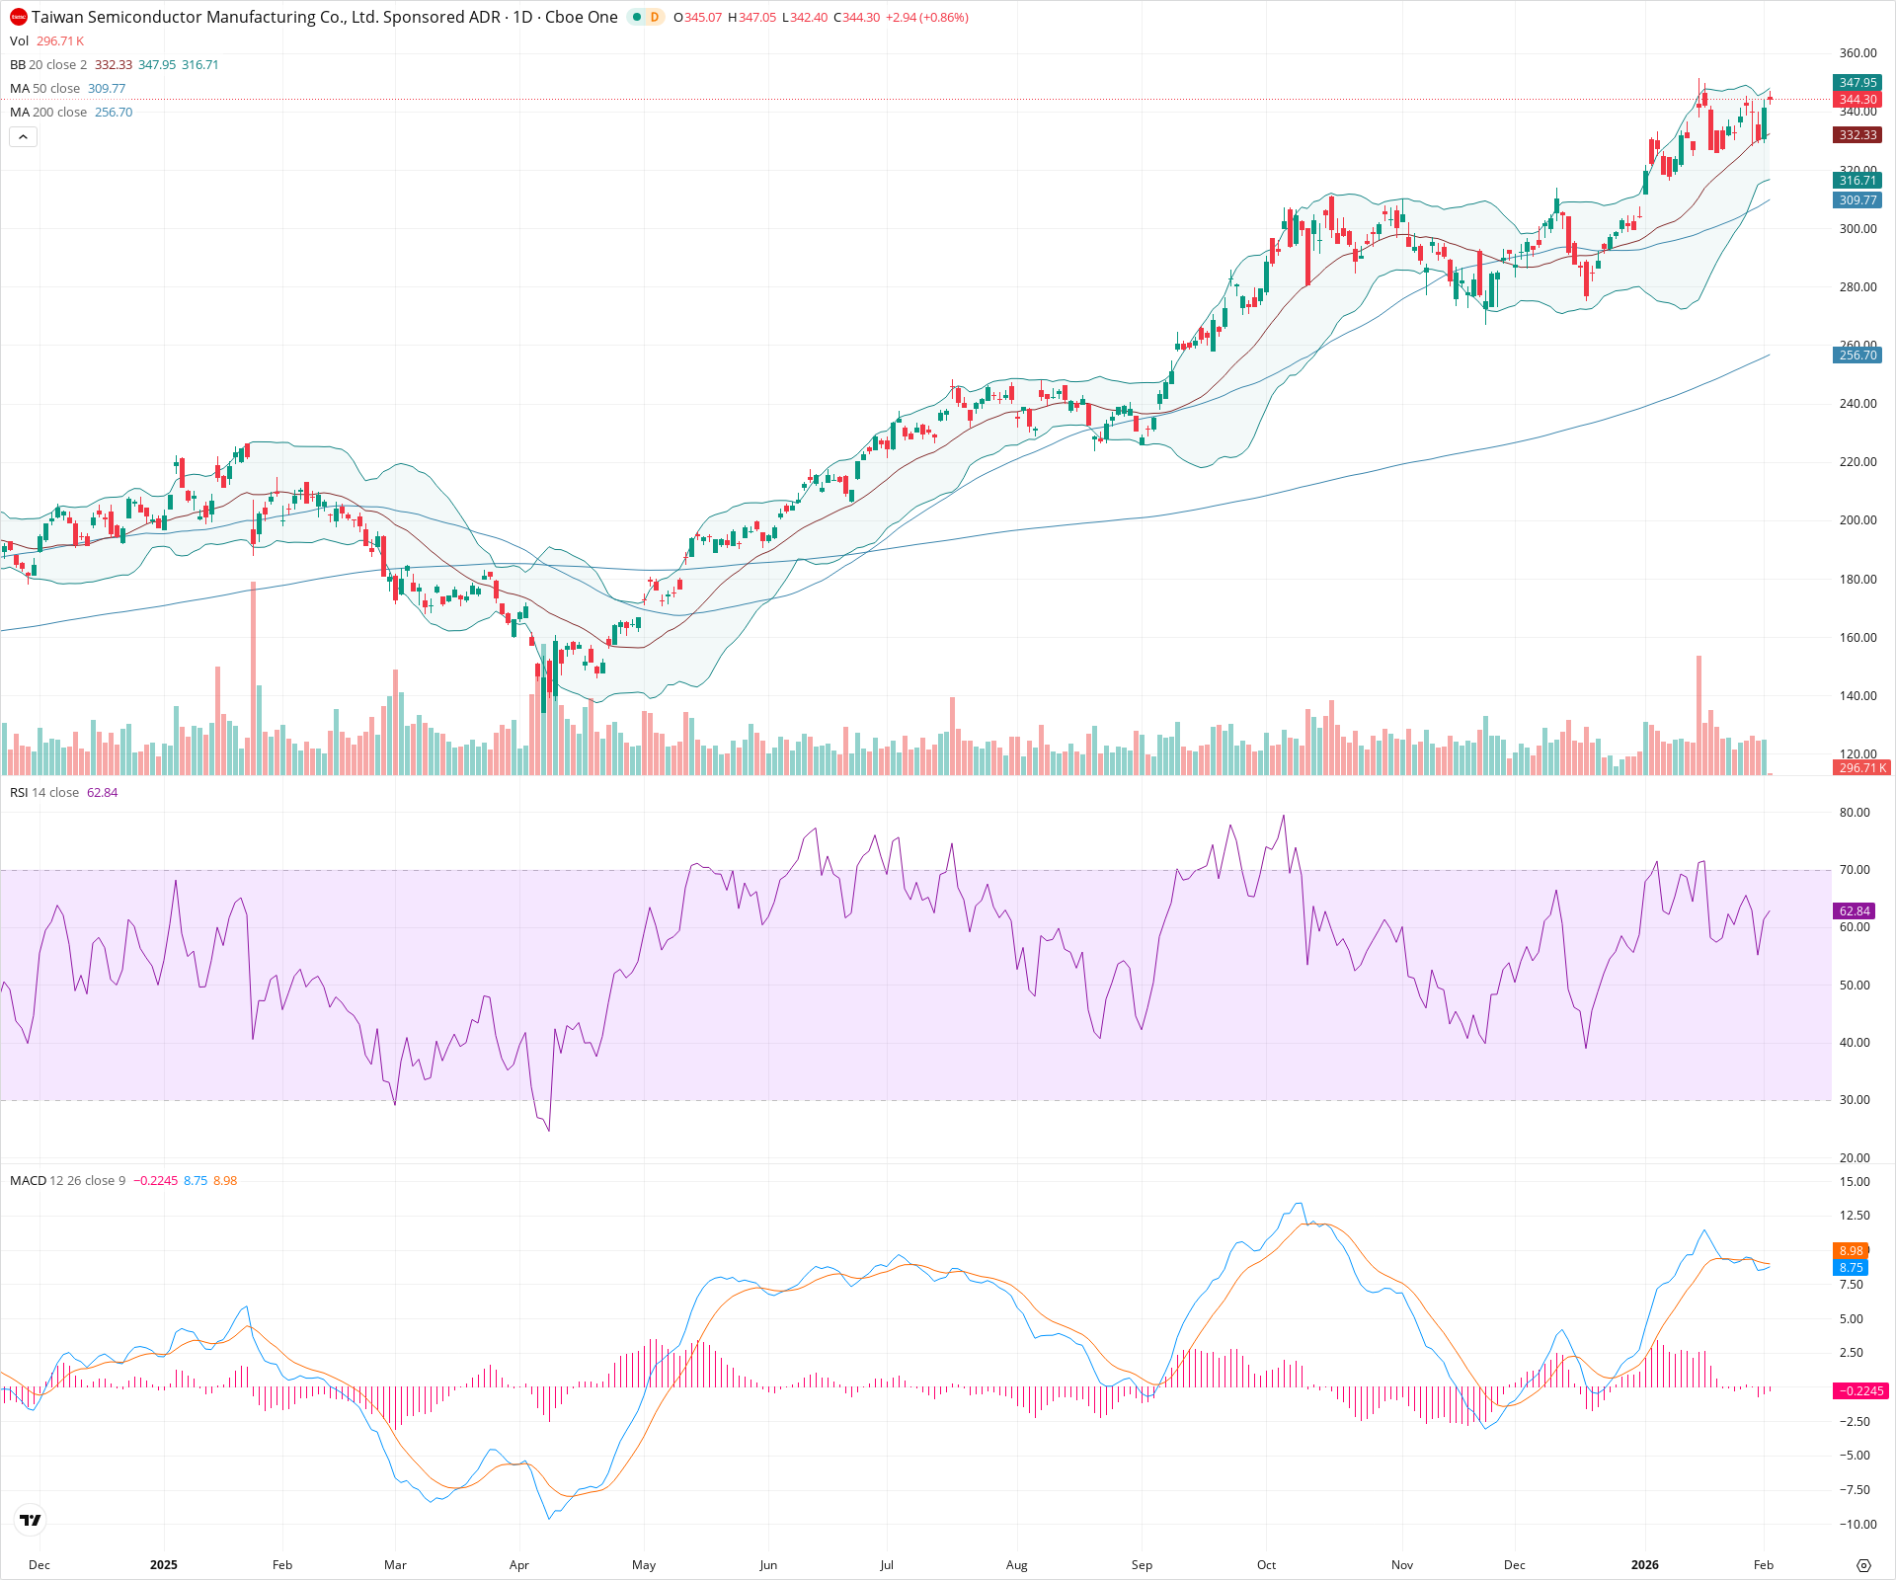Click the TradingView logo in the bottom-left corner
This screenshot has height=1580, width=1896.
point(31,1520)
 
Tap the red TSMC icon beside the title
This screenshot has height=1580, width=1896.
point(18,17)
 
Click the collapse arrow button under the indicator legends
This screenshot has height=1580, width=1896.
point(23,137)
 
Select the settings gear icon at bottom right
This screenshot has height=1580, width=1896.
point(1863,1565)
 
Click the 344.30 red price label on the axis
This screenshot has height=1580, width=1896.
point(1857,100)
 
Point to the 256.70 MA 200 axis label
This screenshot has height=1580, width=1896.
point(1857,355)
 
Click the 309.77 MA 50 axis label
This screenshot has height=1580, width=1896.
point(1857,200)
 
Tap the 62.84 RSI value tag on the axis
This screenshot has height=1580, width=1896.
point(1855,911)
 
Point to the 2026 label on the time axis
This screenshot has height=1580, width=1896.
point(1644,1565)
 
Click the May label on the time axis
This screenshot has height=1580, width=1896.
point(644,1565)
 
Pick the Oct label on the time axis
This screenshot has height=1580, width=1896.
point(1266,1565)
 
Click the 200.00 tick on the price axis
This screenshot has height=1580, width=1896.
point(1857,520)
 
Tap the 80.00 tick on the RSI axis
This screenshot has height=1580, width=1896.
point(1855,813)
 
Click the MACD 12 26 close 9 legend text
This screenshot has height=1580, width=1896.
point(67,1181)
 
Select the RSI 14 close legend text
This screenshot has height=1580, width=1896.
point(44,793)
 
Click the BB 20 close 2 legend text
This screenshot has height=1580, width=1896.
point(48,65)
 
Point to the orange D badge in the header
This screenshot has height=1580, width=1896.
point(654,17)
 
